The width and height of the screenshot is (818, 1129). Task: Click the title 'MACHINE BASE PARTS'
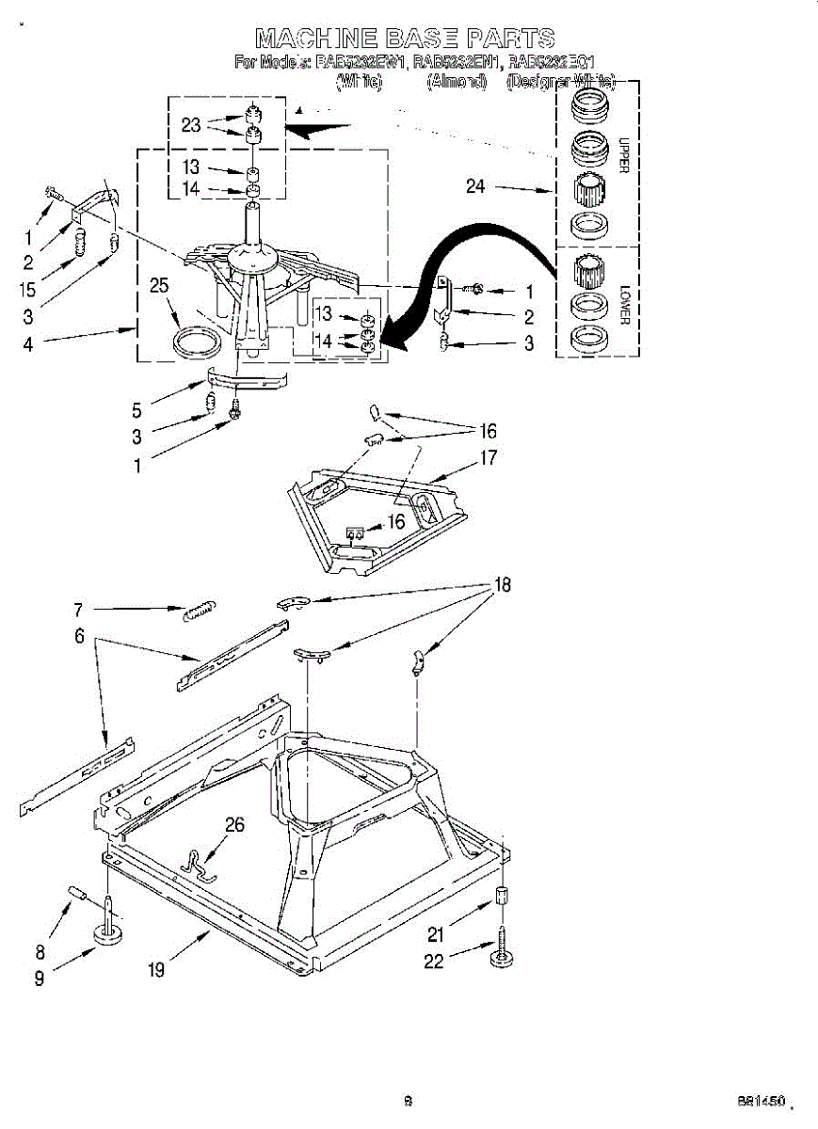coord(406,38)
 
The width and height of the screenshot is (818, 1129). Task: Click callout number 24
coord(475,186)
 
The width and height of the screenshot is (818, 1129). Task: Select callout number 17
coord(488,459)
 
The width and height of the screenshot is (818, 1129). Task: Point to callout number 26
coord(234,825)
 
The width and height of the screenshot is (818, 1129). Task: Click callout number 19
coord(156,970)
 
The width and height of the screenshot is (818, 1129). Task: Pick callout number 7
coord(79,610)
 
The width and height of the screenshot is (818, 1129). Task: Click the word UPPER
coord(623,155)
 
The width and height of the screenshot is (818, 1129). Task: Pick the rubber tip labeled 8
coord(76,892)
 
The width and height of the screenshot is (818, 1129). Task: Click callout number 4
coord(28,344)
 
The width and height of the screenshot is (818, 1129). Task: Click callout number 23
coord(191,124)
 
